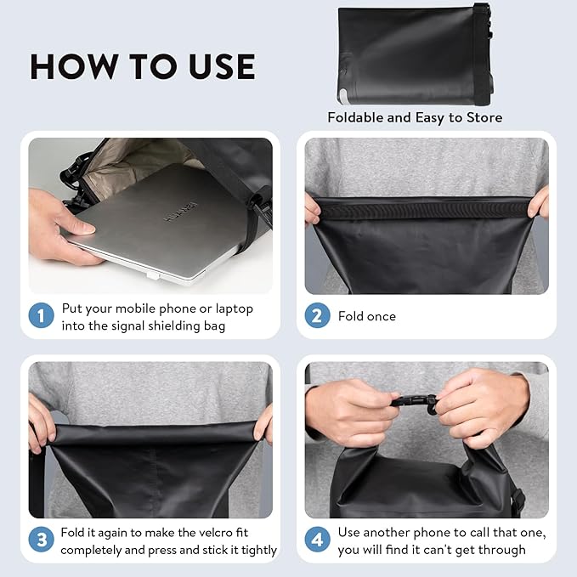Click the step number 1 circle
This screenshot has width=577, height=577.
pos(42,317)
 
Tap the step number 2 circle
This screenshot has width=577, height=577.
pos(318,316)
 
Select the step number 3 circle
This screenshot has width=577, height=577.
pos(42,540)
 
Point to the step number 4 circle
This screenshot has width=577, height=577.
pos(318,540)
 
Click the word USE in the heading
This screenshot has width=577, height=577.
pos(218,67)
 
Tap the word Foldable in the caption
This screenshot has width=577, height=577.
pos(355,117)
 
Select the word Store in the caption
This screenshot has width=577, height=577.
pos(483,117)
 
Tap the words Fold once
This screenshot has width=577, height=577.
pos(367,316)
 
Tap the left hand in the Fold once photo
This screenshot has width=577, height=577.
pos(312,208)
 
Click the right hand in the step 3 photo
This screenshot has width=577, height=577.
pos(264,421)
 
